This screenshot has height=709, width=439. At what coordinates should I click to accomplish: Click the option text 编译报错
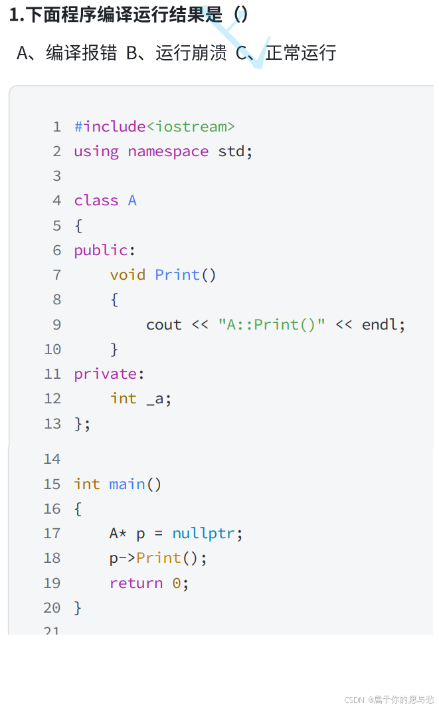81,53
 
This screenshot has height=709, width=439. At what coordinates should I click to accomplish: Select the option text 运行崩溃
191,53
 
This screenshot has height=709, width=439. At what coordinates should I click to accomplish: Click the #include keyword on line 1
110,126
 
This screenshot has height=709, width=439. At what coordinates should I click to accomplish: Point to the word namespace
168,152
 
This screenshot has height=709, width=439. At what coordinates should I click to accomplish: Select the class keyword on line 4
96,201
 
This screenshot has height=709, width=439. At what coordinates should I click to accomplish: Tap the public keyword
100,251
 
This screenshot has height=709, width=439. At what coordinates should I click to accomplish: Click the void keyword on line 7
128,275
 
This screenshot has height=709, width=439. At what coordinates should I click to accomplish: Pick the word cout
163,325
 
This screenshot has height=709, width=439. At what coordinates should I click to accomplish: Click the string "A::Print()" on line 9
272,325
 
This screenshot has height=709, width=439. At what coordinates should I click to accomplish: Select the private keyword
105,374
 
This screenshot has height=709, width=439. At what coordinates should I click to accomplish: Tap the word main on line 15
128,484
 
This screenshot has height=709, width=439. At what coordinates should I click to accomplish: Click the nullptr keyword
203,534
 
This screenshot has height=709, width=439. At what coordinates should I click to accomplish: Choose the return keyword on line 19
136,583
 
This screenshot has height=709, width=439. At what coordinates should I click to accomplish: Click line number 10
52,350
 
